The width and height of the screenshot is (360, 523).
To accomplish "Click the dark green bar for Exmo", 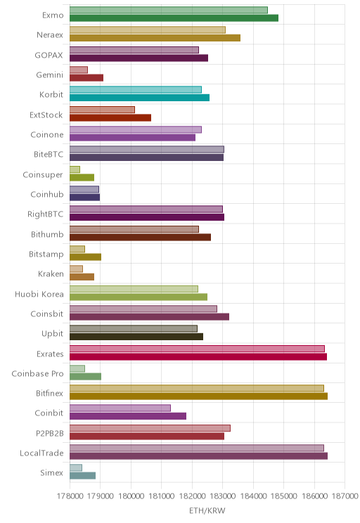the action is pyautogui.click(x=174, y=18).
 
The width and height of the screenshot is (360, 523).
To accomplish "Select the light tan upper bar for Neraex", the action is pyautogui.click(x=148, y=30).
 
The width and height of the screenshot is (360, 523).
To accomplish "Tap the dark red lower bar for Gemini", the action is pyautogui.click(x=86, y=78).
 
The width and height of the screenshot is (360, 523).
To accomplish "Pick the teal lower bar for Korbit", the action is pyautogui.click(x=139, y=98).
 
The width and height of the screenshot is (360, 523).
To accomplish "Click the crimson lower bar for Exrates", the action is pyautogui.click(x=198, y=357).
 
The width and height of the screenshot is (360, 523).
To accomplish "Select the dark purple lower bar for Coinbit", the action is pyautogui.click(x=128, y=416).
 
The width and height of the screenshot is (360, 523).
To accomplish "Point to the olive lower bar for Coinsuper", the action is pyautogui.click(x=82, y=177).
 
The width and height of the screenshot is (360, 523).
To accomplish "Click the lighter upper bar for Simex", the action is pyautogui.click(x=76, y=468).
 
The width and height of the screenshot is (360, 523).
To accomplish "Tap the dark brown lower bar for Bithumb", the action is pyautogui.click(x=140, y=237).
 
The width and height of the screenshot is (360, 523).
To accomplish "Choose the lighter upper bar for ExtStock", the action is pyautogui.click(x=102, y=110).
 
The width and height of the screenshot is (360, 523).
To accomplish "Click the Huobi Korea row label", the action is pyautogui.click(x=39, y=294).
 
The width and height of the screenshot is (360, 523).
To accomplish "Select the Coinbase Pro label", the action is pyautogui.click(x=37, y=373).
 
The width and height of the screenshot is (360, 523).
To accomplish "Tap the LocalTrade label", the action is pyautogui.click(x=41, y=453).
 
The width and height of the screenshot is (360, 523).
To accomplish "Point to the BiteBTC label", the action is pyautogui.click(x=49, y=155).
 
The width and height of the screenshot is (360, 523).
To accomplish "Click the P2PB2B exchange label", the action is pyautogui.click(x=50, y=433).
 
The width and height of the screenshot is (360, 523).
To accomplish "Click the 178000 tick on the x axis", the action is pyautogui.click(x=70, y=496).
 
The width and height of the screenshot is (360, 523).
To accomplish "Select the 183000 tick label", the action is pyautogui.click(x=223, y=496).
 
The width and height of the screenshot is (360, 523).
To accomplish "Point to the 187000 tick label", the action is pyautogui.click(x=345, y=496).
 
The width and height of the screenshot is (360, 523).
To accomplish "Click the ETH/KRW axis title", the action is pyautogui.click(x=207, y=510).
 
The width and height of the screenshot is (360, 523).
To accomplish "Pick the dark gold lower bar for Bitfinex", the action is pyautogui.click(x=198, y=396).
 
